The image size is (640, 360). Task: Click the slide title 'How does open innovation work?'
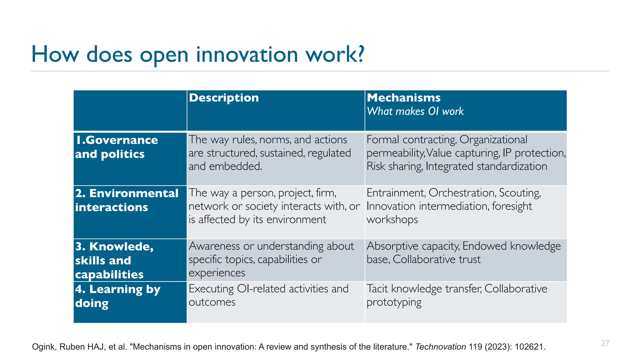click(x=198, y=54)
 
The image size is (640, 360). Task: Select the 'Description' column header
click(x=224, y=98)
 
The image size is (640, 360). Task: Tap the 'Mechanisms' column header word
click(x=403, y=98)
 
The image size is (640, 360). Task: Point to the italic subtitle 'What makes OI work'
click(x=415, y=111)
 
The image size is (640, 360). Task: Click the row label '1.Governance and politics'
click(x=116, y=147)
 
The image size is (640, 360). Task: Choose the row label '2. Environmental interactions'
click(x=127, y=200)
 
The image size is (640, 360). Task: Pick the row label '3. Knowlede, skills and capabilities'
click(x=114, y=260)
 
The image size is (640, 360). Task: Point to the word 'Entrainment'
click(x=396, y=193)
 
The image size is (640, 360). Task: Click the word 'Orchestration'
click(x=462, y=193)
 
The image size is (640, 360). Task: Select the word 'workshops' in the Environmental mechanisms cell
click(x=392, y=220)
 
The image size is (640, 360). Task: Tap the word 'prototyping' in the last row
click(x=394, y=302)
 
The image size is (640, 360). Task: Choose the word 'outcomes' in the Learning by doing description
click(x=212, y=302)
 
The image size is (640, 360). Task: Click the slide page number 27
click(x=605, y=343)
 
